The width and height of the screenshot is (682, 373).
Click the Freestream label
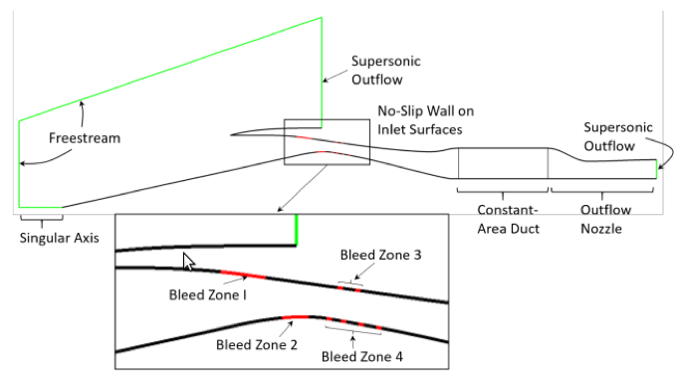(x=85, y=138)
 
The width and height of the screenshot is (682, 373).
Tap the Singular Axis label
(x=59, y=238)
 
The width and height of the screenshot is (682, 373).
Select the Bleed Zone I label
(x=208, y=294)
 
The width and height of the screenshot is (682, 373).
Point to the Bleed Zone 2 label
(x=257, y=345)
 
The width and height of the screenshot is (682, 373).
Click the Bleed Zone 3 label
(x=380, y=255)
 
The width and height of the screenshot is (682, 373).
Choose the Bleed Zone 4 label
(x=361, y=356)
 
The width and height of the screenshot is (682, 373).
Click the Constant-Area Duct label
(x=508, y=219)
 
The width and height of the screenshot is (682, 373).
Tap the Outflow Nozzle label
(x=605, y=219)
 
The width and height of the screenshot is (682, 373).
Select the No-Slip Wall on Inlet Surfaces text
(x=425, y=120)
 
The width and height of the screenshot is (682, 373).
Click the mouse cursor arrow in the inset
(x=188, y=262)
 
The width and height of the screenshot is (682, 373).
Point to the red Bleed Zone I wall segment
(x=243, y=275)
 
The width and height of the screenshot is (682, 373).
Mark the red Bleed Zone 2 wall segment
(x=296, y=317)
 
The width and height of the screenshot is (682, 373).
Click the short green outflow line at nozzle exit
(x=656, y=169)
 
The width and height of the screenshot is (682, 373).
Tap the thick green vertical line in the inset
(x=297, y=230)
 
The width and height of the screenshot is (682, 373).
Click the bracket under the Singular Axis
(x=42, y=219)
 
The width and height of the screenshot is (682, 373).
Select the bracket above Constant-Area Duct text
(x=503, y=192)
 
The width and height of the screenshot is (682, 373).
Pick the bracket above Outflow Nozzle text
(x=602, y=192)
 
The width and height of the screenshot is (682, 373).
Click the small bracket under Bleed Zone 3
(x=350, y=283)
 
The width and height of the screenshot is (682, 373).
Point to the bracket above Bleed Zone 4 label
(x=352, y=331)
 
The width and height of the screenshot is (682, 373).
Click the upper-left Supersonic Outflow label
(x=385, y=71)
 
